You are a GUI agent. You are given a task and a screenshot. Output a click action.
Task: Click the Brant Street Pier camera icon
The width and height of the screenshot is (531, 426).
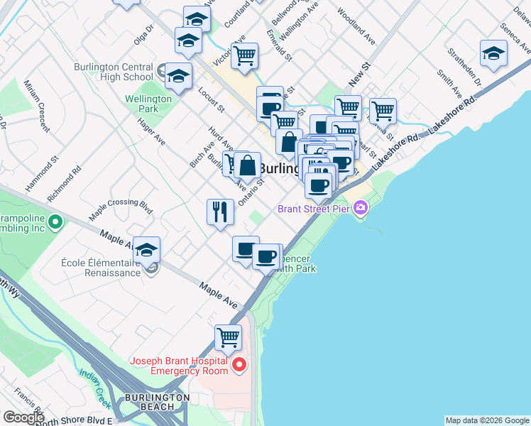361,207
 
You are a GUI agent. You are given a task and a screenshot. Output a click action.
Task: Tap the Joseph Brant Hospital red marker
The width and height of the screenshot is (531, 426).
239,366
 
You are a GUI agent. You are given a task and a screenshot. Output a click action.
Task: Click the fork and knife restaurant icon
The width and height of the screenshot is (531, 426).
220,211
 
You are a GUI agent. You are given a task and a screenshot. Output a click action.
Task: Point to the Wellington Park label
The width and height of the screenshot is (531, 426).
148,104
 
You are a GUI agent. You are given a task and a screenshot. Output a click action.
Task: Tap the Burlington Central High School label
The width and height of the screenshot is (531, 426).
114,72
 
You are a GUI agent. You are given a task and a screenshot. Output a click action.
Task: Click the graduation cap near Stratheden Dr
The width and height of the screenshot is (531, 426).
493,53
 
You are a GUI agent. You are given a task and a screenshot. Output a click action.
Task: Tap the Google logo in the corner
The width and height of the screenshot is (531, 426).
23,417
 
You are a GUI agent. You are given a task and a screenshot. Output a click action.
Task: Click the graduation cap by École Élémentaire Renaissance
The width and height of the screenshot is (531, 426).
147,250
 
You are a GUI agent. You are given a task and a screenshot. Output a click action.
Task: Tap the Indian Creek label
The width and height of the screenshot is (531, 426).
95,388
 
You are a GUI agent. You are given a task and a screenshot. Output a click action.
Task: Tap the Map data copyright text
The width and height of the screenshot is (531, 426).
487,420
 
